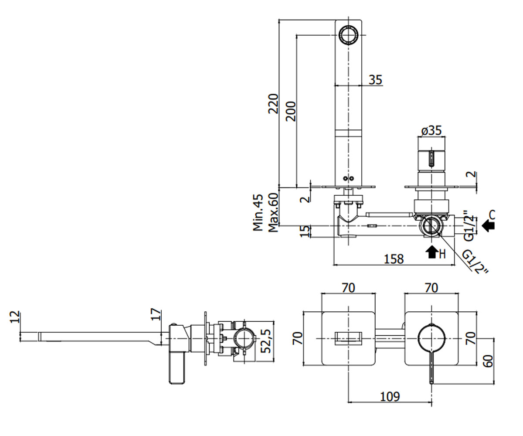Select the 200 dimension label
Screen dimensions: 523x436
(291, 111)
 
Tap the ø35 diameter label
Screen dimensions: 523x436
(431, 130)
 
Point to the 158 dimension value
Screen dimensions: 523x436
(394, 259)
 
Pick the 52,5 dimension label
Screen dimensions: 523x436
(266, 341)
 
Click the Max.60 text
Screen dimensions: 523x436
(273, 212)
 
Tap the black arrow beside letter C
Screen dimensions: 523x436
(488, 226)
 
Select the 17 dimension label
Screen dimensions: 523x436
(156, 314)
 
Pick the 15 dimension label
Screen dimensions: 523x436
(305, 231)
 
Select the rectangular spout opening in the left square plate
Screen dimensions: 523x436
(348, 338)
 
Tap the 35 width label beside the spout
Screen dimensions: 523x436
(376, 80)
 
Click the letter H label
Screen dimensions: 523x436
(442, 254)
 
